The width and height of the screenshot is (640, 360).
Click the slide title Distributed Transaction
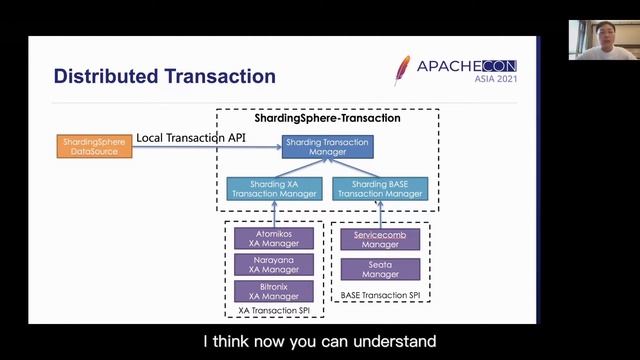coord(164,76)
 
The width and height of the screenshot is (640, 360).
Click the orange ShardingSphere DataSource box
coord(94,146)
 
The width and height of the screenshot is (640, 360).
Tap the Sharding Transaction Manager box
coord(327,147)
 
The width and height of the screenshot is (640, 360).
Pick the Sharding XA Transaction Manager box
coord(274,188)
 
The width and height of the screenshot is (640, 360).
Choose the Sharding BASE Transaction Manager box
coord(380,188)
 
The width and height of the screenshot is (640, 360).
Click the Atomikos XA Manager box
coord(274,237)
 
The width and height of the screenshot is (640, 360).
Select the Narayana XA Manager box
coord(274,264)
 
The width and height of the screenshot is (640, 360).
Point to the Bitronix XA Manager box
coord(274,291)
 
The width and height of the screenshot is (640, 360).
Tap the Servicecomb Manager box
coord(380,239)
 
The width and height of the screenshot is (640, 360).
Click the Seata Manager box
coord(380,268)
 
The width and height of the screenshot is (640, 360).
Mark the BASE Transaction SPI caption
coord(380,298)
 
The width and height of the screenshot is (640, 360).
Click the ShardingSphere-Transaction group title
coord(327,118)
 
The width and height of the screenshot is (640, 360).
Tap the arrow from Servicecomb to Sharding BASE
coord(380,213)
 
